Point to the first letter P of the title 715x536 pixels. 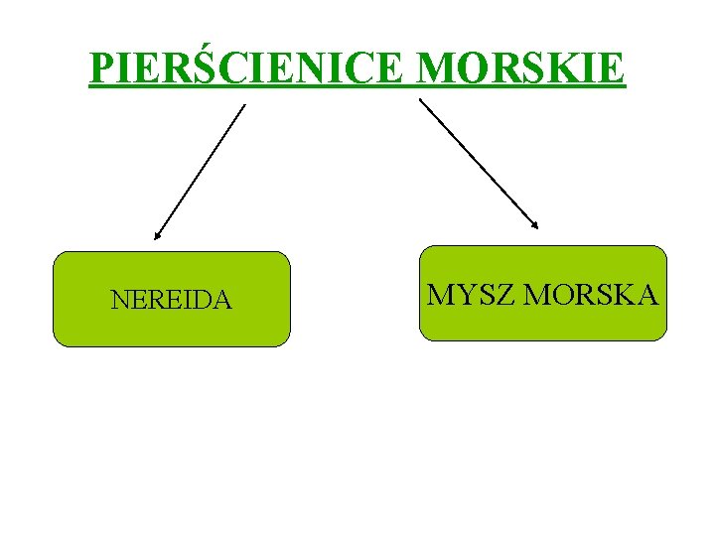102,68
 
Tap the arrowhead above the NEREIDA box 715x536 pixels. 157,236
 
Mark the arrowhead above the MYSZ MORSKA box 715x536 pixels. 535,225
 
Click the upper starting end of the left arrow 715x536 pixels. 243,105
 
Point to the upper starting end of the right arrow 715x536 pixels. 420,99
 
